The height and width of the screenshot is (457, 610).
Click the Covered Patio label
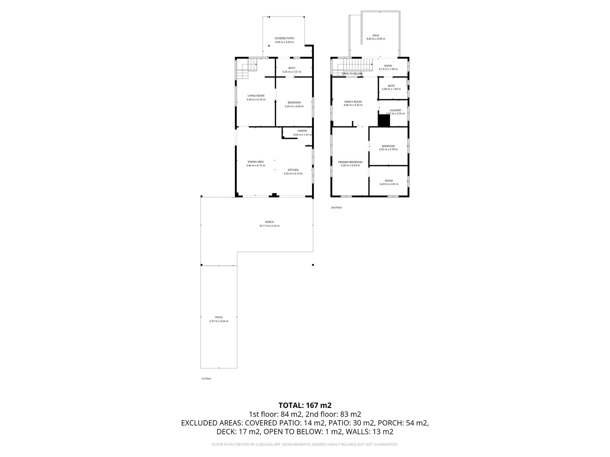pyautogui.click(x=284, y=38)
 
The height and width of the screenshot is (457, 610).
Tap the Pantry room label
pyautogui.click(x=302, y=131)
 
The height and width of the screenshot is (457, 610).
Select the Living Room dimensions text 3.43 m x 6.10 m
pyautogui.click(x=256, y=99)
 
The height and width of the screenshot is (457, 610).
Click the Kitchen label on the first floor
pyautogui.click(x=293, y=170)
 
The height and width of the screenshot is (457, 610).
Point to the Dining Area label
pyautogui.click(x=256, y=162)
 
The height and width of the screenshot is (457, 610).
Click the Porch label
pyautogui.click(x=269, y=222)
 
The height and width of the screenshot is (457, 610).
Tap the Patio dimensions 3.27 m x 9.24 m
pyautogui.click(x=219, y=321)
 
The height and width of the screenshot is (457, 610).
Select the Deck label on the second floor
pyautogui.click(x=376, y=35)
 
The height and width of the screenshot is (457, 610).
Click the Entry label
pyautogui.click(x=388, y=66)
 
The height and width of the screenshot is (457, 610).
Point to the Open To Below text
pyautogui.click(x=352, y=74)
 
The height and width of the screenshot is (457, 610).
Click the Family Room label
pyautogui.click(x=353, y=102)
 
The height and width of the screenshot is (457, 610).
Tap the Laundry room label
pyautogui.click(x=395, y=110)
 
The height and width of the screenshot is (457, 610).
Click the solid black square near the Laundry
pyautogui.click(x=384, y=121)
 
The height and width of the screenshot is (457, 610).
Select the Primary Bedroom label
pyautogui.click(x=350, y=162)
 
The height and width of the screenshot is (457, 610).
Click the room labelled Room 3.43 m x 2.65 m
pyautogui.click(x=388, y=181)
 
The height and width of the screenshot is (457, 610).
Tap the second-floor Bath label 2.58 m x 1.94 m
pyautogui.click(x=391, y=86)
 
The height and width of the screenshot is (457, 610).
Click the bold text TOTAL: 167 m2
pyautogui.click(x=305, y=405)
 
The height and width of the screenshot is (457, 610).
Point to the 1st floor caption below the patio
pyautogui.click(x=206, y=379)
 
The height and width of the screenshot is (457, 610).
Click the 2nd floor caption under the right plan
pyautogui.click(x=336, y=207)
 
